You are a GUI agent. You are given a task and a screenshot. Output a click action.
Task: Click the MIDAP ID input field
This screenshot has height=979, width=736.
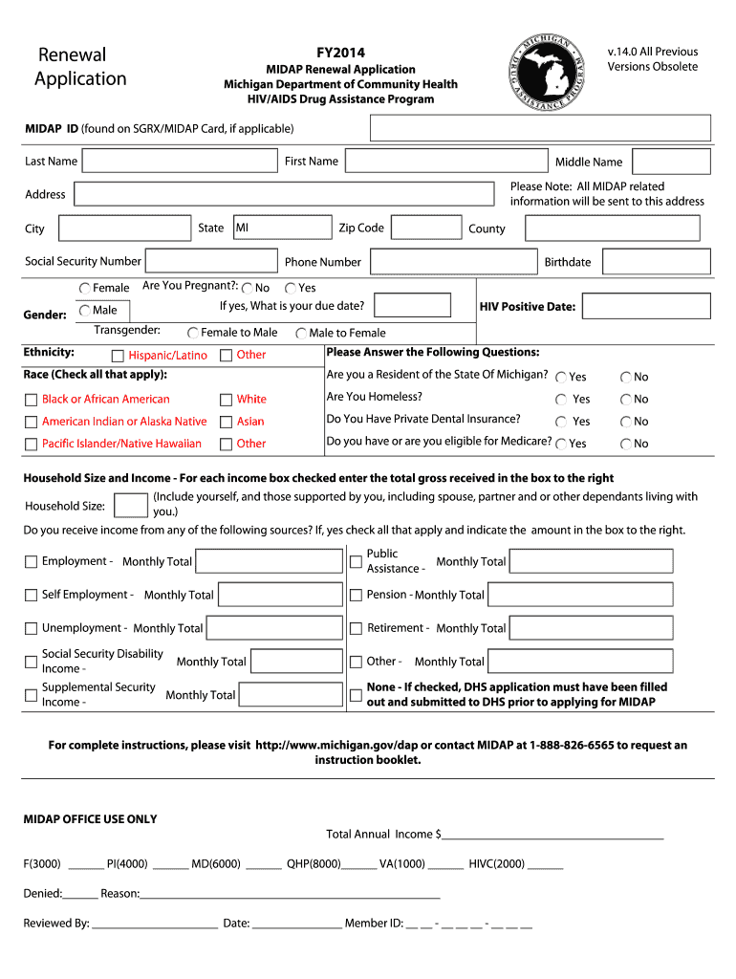point(540,128)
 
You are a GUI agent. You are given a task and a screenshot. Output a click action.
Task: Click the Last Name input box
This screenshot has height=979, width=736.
point(179,161)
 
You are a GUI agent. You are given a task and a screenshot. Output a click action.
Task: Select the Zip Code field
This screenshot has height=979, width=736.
point(425,228)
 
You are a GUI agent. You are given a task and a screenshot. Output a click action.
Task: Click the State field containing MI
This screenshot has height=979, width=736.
point(281,228)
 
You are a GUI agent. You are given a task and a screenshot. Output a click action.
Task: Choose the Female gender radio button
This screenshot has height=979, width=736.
point(85,288)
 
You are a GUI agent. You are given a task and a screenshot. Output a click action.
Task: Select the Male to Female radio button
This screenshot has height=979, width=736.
point(301,333)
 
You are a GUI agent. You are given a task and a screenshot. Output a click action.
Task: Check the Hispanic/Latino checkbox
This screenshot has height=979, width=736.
point(118,356)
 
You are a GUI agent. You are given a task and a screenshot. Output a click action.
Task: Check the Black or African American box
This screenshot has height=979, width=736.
point(31,400)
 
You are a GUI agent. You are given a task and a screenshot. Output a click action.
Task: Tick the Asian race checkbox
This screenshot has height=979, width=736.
point(227,422)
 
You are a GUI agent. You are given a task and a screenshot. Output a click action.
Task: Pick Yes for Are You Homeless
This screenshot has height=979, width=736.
point(561,400)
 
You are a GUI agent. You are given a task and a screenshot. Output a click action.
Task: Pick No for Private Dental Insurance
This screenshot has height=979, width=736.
point(626,422)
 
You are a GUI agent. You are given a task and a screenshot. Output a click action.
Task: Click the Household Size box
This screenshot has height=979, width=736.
point(130,507)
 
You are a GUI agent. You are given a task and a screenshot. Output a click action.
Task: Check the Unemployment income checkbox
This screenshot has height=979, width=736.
point(31,628)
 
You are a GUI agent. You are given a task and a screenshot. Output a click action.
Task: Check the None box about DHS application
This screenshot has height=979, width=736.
point(356,695)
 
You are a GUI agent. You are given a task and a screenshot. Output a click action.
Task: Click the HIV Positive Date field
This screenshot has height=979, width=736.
point(646,306)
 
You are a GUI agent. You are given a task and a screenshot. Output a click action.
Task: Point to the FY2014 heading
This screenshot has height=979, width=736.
point(340,53)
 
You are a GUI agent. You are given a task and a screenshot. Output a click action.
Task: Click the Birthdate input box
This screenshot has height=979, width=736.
point(657,261)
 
